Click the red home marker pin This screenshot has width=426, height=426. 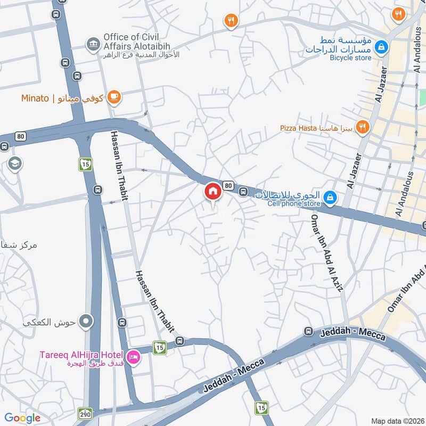(212, 191)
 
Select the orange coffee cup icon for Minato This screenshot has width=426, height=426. (113, 97)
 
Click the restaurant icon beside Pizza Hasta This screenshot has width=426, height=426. (363, 127)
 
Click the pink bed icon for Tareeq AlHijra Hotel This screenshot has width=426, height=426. (133, 355)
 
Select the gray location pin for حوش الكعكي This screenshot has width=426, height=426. (86, 321)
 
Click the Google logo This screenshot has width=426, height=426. (22, 418)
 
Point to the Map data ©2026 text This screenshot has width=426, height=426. (397, 421)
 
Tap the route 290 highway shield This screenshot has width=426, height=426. (85, 413)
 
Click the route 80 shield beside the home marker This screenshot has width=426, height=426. (228, 185)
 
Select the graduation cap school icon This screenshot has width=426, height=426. (15, 162)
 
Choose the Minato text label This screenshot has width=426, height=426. (35, 98)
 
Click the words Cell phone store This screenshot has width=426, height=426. (295, 203)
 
